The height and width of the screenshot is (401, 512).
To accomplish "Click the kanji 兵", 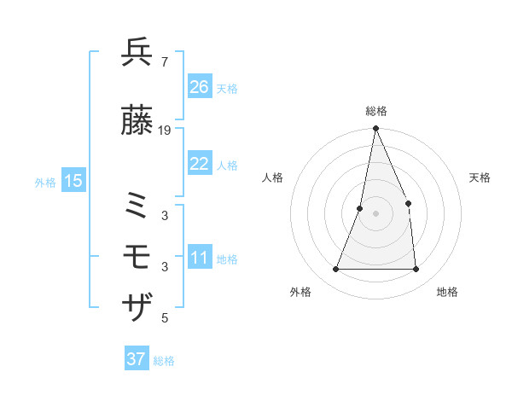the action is (x=137, y=53).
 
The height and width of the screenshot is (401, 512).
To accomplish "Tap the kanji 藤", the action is (x=137, y=122).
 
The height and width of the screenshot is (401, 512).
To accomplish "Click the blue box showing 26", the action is (x=199, y=87).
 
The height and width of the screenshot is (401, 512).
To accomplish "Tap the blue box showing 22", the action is (x=199, y=165).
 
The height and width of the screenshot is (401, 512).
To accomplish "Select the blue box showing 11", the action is (x=199, y=259).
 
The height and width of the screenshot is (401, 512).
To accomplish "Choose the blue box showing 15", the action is (x=73, y=180).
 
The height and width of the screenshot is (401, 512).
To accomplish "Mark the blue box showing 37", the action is (x=136, y=359).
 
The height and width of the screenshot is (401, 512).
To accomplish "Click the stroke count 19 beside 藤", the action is (x=165, y=131).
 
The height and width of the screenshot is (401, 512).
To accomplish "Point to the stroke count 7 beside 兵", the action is (x=164, y=62).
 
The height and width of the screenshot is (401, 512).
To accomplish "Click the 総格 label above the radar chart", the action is (x=375, y=111).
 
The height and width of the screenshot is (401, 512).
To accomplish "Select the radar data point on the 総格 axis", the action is (x=375, y=129).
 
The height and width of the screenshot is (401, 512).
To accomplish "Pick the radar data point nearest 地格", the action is (x=416, y=270).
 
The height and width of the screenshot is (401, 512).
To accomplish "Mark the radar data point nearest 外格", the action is (x=335, y=270).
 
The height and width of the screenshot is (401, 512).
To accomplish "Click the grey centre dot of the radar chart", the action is (x=375, y=213).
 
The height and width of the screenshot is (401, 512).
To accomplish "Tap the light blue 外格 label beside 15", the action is (x=45, y=182).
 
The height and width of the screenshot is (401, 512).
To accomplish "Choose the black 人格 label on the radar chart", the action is (x=272, y=177).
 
